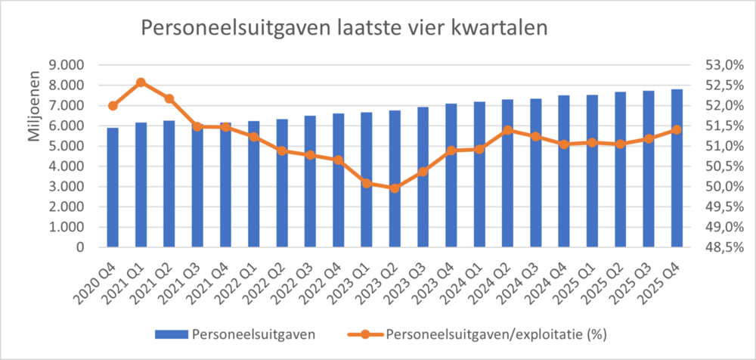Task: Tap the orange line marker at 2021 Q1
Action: pyautogui.click(x=141, y=82)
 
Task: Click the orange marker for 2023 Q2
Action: pyautogui.click(x=394, y=188)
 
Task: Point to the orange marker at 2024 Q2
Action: pyautogui.click(x=507, y=130)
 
